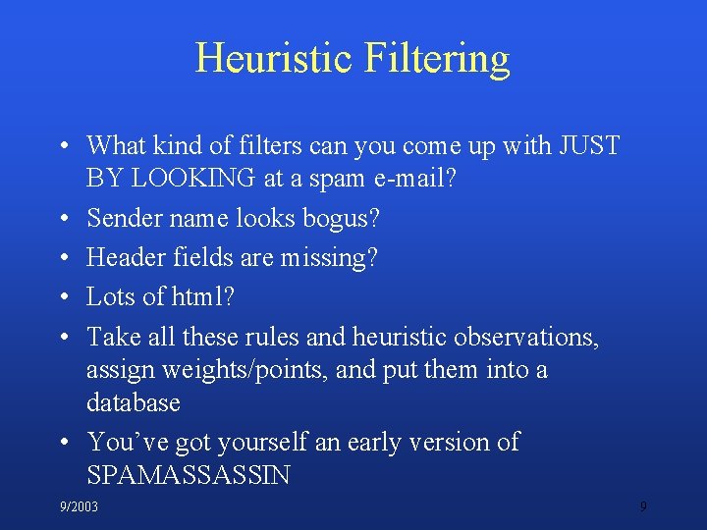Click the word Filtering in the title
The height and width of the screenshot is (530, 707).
[x=436, y=58]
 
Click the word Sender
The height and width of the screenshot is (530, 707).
[x=123, y=219]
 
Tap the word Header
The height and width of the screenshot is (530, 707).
[x=124, y=258]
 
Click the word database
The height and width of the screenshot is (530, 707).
[x=134, y=402]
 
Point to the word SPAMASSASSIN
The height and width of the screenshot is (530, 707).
[x=189, y=475]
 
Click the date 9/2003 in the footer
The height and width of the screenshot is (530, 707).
[x=79, y=506]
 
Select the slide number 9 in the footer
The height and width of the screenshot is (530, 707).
[x=643, y=506]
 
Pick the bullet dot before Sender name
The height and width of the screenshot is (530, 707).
[x=62, y=220]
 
